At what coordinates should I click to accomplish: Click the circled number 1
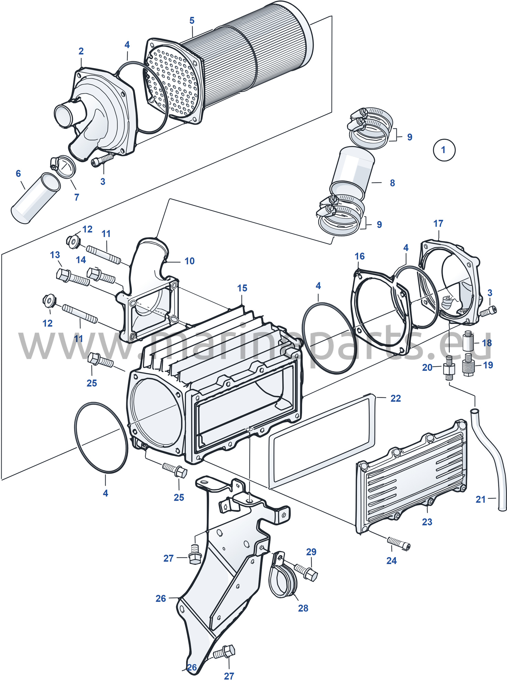[444, 150]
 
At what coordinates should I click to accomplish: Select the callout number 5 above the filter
[192, 21]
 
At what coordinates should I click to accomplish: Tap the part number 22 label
[396, 398]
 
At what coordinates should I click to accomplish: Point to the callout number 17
[438, 223]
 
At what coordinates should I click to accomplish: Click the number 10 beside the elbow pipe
[190, 261]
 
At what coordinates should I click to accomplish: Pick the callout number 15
[242, 288]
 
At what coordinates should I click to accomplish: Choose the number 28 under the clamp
[303, 608]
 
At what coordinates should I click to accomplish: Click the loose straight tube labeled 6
[35, 198]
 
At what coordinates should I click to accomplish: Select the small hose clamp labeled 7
[63, 166]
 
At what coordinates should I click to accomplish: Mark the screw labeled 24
[399, 543]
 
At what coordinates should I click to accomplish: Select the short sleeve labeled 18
[468, 341]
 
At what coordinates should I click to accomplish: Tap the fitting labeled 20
[449, 368]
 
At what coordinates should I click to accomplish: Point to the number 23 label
[427, 522]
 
